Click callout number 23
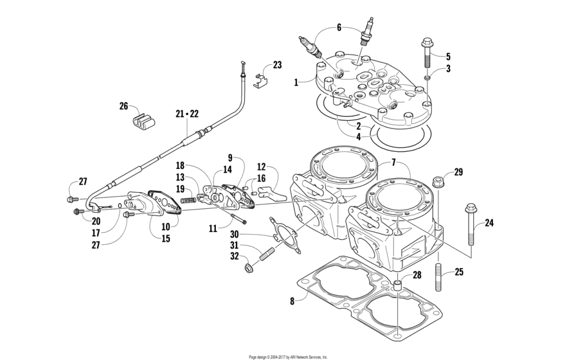[277, 65]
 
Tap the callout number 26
[124, 106]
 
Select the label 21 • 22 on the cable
[187, 114]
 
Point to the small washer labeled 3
[428, 78]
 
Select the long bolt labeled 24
[471, 224]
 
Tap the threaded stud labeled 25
[438, 276]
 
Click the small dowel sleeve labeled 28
[397, 285]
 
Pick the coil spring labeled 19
[188, 200]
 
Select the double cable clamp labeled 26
[143, 122]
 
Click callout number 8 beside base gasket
[292, 301]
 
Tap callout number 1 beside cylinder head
[296, 82]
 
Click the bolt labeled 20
[78, 212]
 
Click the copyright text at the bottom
[288, 357]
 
